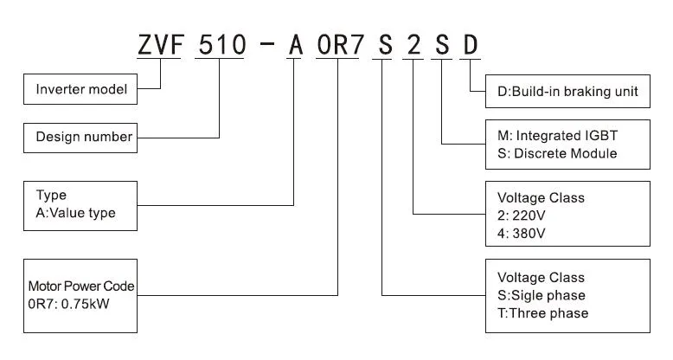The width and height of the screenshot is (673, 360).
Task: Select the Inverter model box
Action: click(80, 88)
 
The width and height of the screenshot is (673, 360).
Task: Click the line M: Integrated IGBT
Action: click(557, 137)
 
